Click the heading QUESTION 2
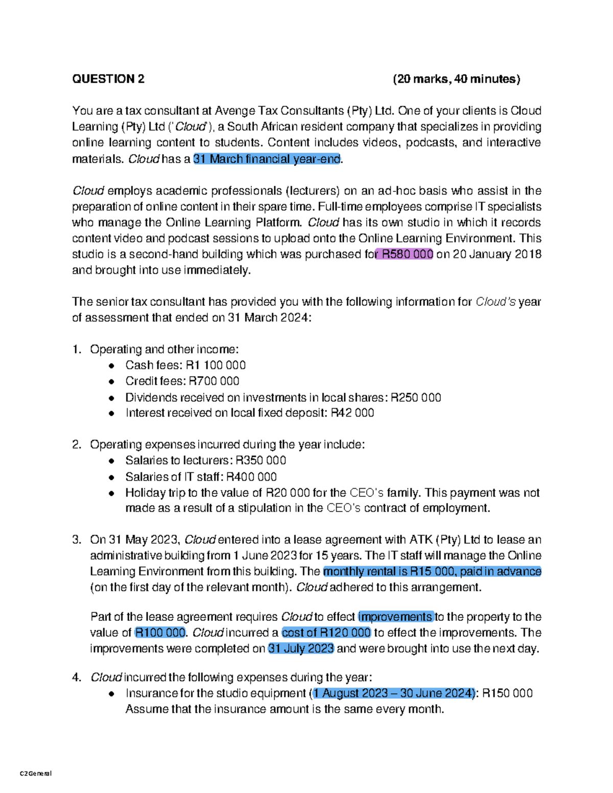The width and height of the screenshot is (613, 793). pyautogui.click(x=108, y=79)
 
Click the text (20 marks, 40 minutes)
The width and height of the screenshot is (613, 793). pyautogui.click(x=456, y=79)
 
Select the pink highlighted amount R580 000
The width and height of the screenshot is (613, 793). pyautogui.click(x=405, y=254)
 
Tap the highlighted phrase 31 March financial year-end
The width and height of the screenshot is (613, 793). pyautogui.click(x=267, y=159)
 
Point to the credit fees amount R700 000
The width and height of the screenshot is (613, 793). pyautogui.click(x=214, y=381)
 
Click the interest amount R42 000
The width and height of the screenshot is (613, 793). pyautogui.click(x=352, y=413)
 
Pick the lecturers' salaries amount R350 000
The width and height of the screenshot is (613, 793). pyautogui.click(x=261, y=461)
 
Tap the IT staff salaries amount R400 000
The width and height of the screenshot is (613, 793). pyautogui.click(x=251, y=477)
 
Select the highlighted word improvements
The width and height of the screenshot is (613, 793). pyautogui.click(x=396, y=617)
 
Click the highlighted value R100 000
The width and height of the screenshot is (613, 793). pyautogui.click(x=160, y=633)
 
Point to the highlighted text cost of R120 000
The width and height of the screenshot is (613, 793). pyautogui.click(x=326, y=633)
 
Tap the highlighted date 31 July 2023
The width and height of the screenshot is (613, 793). pyautogui.click(x=301, y=648)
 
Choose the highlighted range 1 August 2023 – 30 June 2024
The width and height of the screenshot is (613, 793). pyautogui.click(x=393, y=693)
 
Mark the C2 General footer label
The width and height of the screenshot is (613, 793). pyautogui.click(x=36, y=773)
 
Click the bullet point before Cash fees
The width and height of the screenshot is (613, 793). pyautogui.click(x=112, y=366)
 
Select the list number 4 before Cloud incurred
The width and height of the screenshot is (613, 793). pyautogui.click(x=77, y=678)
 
